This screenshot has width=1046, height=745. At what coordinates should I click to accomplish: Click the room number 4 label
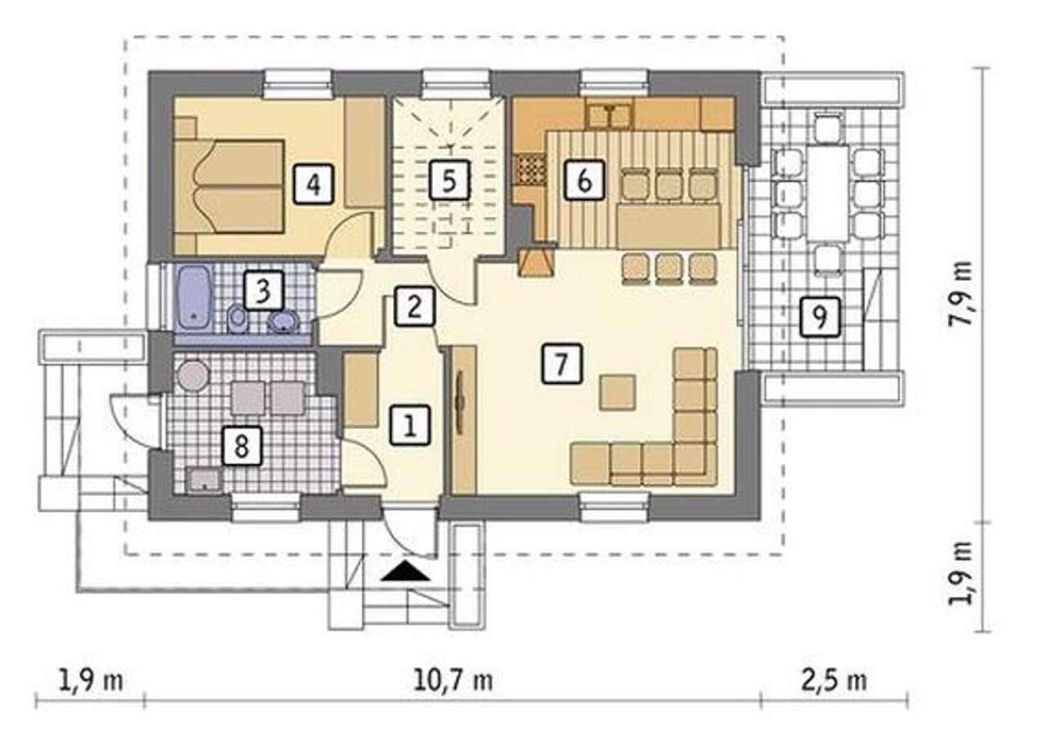pos(314,184)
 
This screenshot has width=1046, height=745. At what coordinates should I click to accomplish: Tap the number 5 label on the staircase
pos(449,181)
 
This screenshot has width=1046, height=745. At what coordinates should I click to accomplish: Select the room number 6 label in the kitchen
pos(584,181)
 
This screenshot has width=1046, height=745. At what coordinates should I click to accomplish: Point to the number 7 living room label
pos(562,364)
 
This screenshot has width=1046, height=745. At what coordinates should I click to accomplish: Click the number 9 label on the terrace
pos(820,317)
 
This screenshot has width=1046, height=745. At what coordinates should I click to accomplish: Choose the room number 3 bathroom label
pos(264,291)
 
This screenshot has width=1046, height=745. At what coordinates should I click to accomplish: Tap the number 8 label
pos(241,446)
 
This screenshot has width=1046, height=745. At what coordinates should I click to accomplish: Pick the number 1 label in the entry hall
pos(410,426)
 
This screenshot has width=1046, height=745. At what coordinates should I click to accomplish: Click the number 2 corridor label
pos(414,306)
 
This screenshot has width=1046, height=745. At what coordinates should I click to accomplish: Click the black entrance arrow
pos(405,571)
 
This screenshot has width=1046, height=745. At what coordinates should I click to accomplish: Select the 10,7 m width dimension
pos(453,681)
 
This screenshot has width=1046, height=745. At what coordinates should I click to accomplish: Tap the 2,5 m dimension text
pos(834,681)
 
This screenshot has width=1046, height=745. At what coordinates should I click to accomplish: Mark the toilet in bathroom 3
pos(238,319)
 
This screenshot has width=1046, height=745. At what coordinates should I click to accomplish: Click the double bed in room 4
pos(230,186)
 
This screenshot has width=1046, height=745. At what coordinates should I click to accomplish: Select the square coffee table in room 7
pos(618,392)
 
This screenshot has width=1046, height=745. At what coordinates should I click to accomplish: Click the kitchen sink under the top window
pos(610,116)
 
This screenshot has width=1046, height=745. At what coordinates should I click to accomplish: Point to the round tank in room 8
pos(192,376)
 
